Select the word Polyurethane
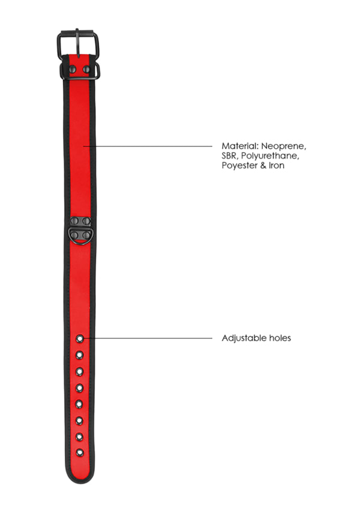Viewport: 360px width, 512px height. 269,155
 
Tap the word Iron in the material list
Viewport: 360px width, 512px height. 275,165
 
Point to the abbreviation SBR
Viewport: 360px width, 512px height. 230,155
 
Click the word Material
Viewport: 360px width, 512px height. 238,146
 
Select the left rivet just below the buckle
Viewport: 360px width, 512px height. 73,70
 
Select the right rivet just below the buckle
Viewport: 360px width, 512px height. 86,70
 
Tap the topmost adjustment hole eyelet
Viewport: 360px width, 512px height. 79,340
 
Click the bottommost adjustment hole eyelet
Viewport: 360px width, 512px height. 79,451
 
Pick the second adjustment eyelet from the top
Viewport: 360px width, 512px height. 79,355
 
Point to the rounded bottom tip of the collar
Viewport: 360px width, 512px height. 80,480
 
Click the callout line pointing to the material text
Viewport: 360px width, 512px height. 150,146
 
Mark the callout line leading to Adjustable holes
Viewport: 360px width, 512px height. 150,337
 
